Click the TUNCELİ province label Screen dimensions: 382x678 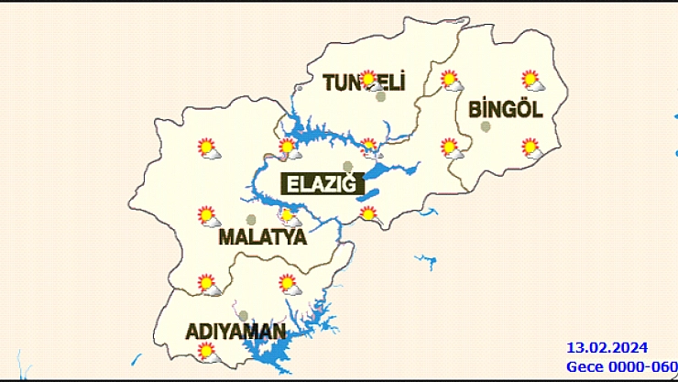point(364,82)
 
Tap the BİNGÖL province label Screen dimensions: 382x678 point(506,110)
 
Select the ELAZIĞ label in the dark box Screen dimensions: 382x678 point(321,184)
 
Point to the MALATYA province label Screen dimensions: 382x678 point(262,238)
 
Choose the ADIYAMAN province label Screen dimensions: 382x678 point(236,331)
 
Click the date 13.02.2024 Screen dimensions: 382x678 point(607,347)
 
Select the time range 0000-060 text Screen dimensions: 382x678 point(643,366)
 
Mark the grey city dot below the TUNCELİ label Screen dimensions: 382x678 point(381,96)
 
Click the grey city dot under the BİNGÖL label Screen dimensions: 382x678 point(486,127)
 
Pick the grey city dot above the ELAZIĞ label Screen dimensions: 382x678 point(347,167)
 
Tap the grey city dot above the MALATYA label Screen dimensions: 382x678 point(251,220)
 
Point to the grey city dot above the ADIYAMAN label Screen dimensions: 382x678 point(243,315)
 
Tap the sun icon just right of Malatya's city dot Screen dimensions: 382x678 point(290,217)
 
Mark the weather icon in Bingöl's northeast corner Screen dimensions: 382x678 point(531,81)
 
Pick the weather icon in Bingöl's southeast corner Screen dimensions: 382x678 point(531,147)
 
